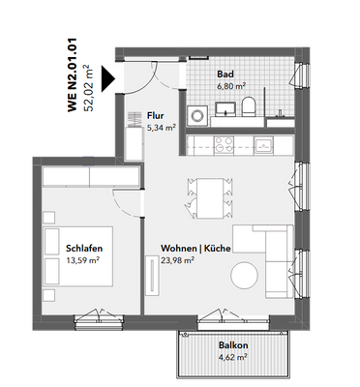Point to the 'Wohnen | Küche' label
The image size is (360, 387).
[x=195, y=250]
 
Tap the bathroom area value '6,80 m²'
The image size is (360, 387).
[x=229, y=85]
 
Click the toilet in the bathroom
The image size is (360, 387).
[x=249, y=107]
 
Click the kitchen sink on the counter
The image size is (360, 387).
[x=262, y=146]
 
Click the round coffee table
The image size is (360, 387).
[x=245, y=276]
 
